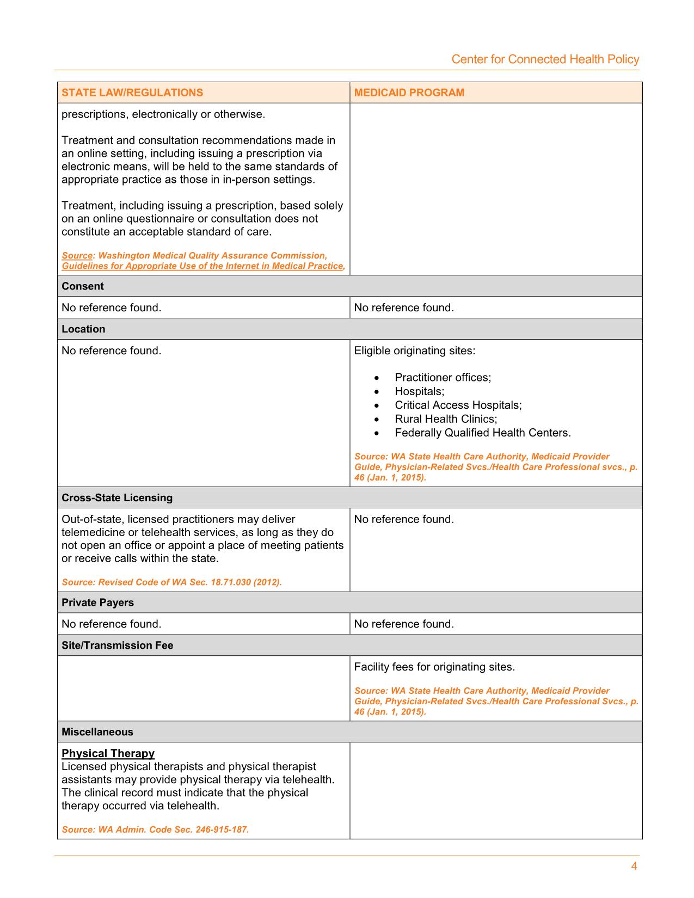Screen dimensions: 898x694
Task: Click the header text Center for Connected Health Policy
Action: [x=545, y=59]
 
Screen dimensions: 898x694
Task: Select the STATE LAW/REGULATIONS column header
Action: [x=132, y=93]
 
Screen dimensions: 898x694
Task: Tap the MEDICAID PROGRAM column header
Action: [x=409, y=93]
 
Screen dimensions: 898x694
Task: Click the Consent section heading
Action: [x=83, y=286]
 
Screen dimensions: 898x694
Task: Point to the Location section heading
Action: [x=83, y=329]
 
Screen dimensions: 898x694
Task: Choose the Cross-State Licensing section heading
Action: [x=117, y=498]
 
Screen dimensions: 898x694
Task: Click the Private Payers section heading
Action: [x=97, y=602]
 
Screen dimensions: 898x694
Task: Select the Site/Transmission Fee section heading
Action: [x=118, y=645]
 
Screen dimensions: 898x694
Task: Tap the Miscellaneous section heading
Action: [x=97, y=732]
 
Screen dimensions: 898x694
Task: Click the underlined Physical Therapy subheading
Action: [x=108, y=753]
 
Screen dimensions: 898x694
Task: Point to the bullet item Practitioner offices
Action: [x=443, y=378]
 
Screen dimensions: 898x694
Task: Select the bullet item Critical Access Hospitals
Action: [x=458, y=405]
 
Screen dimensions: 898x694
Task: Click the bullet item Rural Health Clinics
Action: [x=446, y=419]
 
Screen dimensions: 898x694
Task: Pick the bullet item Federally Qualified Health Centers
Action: [x=482, y=433]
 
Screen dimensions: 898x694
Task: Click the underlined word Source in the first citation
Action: [x=77, y=255]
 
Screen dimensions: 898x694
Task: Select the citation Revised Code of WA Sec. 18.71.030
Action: [x=172, y=582]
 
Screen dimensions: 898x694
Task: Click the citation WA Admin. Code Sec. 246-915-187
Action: [x=155, y=830]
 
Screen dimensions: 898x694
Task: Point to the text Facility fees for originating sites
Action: [x=434, y=667]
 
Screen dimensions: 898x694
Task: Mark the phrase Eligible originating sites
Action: [x=414, y=351]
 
